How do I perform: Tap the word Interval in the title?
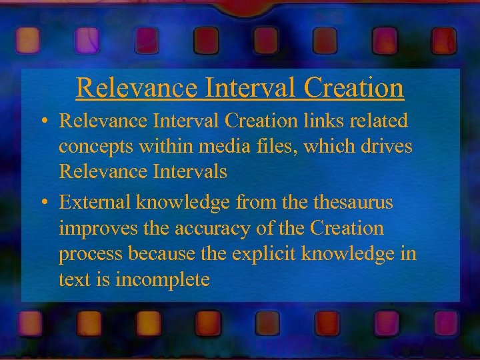236,87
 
